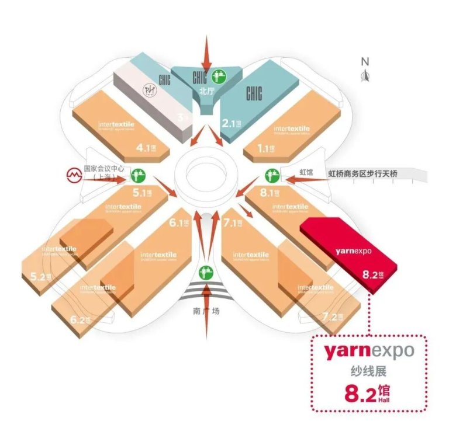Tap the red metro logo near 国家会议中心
(x=73, y=174)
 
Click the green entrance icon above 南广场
(x=205, y=272)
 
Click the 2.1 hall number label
(x=233, y=123)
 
